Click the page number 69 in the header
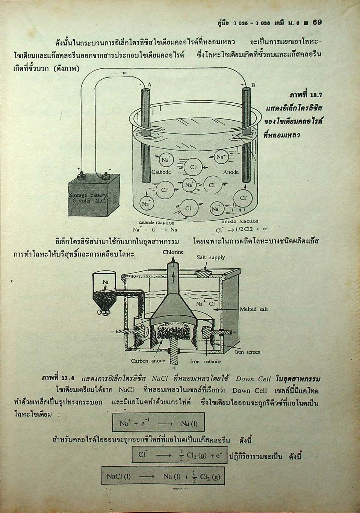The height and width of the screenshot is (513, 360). (x=317, y=22)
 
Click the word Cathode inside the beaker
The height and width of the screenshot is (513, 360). (x=161, y=172)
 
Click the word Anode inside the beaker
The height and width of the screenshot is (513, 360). (x=231, y=172)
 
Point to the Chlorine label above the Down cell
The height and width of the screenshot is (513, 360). (x=173, y=252)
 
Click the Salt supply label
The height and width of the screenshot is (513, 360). (x=211, y=257)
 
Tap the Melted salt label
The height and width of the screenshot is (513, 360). (x=254, y=309)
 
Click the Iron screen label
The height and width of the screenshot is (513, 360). (x=247, y=352)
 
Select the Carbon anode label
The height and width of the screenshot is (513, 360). (x=148, y=361)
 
